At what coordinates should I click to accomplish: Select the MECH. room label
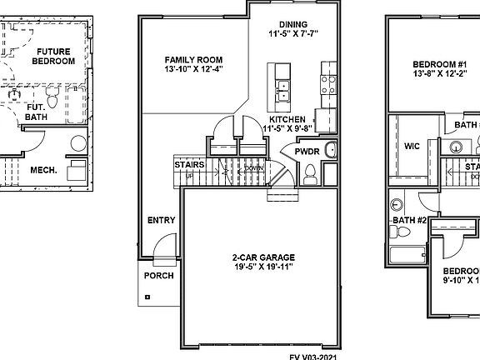click(43, 170)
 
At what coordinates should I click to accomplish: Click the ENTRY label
click(161, 221)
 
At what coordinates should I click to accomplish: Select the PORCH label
click(159, 275)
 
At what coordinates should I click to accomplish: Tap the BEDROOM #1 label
click(439, 64)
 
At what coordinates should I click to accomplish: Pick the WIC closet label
click(412, 146)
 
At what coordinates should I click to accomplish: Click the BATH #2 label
click(410, 220)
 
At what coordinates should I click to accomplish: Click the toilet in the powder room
click(310, 173)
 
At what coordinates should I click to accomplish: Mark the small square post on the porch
click(147, 297)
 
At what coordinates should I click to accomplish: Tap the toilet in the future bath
click(51, 102)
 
